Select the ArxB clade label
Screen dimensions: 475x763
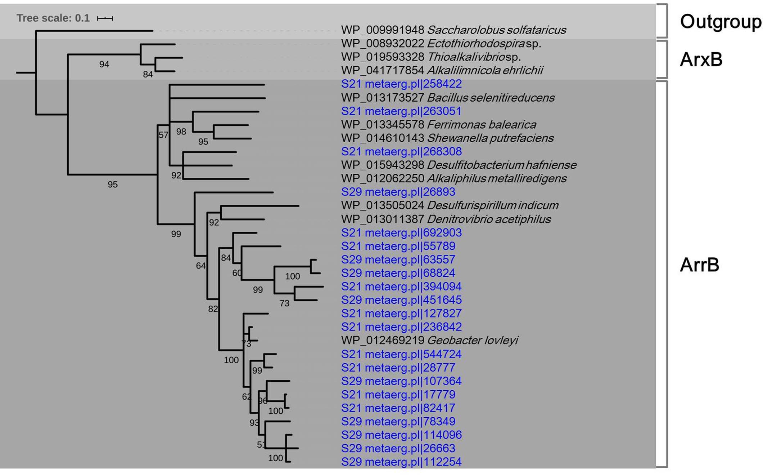(x=701, y=59)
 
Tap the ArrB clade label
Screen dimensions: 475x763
(x=699, y=265)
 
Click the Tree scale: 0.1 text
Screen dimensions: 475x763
(x=53, y=18)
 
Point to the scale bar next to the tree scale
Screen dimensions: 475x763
(x=105, y=18)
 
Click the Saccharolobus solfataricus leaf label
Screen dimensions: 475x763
(x=453, y=30)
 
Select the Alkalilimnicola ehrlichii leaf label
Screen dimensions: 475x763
(x=442, y=70)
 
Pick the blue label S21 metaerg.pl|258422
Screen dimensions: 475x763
(x=401, y=84)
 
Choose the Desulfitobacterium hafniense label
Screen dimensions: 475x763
(x=459, y=165)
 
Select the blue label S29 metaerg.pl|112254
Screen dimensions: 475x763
(x=401, y=462)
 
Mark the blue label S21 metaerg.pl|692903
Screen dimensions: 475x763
(x=401, y=232)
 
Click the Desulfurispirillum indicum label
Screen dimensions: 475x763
(x=450, y=205)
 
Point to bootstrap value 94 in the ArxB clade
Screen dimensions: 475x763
(x=104, y=64)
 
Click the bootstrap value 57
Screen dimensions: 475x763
(x=163, y=135)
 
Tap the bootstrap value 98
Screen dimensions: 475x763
(x=181, y=132)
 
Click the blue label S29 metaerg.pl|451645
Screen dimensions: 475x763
(x=401, y=300)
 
